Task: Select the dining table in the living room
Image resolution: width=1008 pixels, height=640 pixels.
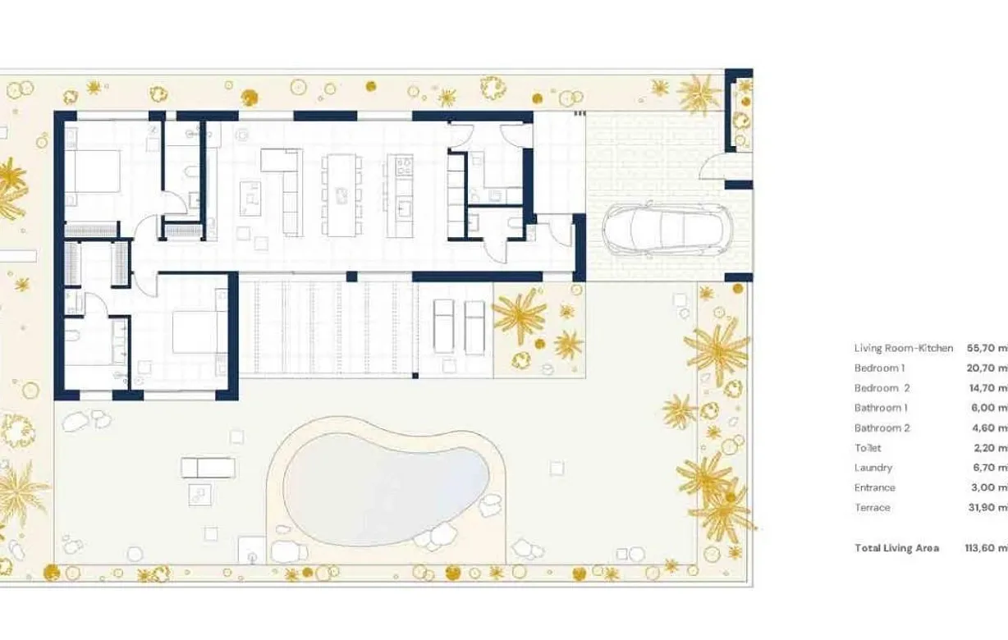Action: (x=341, y=194)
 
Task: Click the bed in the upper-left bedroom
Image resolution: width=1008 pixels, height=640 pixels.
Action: (x=91, y=171)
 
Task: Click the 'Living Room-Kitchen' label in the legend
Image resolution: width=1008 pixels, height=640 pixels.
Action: (x=904, y=348)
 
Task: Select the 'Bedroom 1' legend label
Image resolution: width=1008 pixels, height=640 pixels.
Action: (x=879, y=368)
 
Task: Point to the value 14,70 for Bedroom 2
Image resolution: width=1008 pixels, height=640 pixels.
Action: (x=986, y=388)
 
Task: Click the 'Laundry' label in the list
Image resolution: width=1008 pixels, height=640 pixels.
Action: (x=873, y=468)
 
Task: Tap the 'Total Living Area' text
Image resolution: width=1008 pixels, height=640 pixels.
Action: (x=896, y=547)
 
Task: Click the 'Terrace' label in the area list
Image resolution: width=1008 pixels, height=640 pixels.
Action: (x=872, y=507)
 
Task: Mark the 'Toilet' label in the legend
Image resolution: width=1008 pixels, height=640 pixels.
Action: (x=868, y=448)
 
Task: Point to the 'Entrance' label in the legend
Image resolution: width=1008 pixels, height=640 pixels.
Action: (x=874, y=487)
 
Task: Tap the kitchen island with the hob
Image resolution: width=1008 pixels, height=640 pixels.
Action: (x=400, y=195)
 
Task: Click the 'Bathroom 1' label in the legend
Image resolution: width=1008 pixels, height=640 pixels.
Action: (x=881, y=408)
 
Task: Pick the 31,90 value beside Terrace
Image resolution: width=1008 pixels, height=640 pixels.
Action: (x=986, y=507)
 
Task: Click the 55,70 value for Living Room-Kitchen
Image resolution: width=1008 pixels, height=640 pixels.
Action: (x=986, y=348)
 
